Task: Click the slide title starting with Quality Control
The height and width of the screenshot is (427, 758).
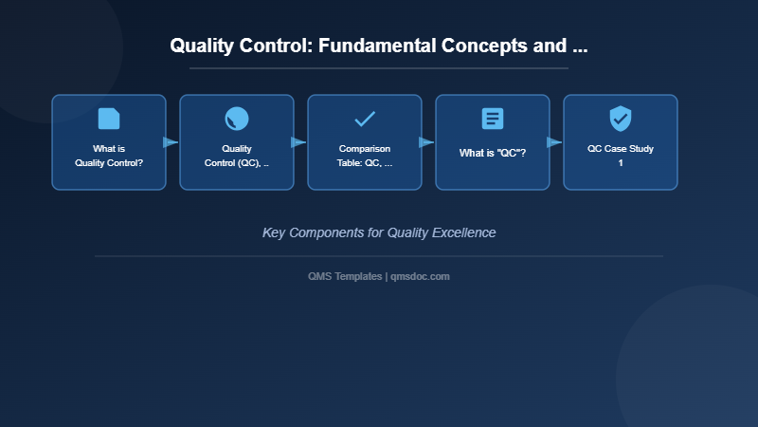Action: [x=378, y=46]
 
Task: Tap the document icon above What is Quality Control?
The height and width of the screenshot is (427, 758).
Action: [x=109, y=119]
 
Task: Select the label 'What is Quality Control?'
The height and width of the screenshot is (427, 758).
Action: [x=109, y=156]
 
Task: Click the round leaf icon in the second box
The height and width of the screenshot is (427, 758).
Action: [x=237, y=119]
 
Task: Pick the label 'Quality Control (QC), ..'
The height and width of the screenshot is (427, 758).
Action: [x=237, y=156]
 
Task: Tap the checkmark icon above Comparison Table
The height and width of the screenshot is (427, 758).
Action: [x=365, y=119]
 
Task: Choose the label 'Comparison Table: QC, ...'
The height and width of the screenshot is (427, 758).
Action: [x=365, y=156]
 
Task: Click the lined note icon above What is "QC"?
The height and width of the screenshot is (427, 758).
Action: [x=493, y=119]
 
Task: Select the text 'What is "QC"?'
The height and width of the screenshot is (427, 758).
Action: [x=493, y=153]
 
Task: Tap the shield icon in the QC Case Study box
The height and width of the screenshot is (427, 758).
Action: [x=621, y=119]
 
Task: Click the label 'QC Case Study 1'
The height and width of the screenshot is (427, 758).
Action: [x=621, y=156]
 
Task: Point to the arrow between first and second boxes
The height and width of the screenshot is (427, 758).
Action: [x=171, y=142]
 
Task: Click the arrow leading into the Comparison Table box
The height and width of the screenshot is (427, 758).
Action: [x=298, y=142]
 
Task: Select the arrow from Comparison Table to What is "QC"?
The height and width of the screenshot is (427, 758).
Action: [x=426, y=142]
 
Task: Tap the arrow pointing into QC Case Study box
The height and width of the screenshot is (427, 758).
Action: [x=554, y=142]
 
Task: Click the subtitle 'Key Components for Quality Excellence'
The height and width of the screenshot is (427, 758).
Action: [x=379, y=232]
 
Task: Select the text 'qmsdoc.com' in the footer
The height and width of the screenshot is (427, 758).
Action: [x=421, y=276]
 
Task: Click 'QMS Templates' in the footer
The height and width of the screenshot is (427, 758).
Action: [x=345, y=276]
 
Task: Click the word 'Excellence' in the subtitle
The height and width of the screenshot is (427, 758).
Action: [x=462, y=232]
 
